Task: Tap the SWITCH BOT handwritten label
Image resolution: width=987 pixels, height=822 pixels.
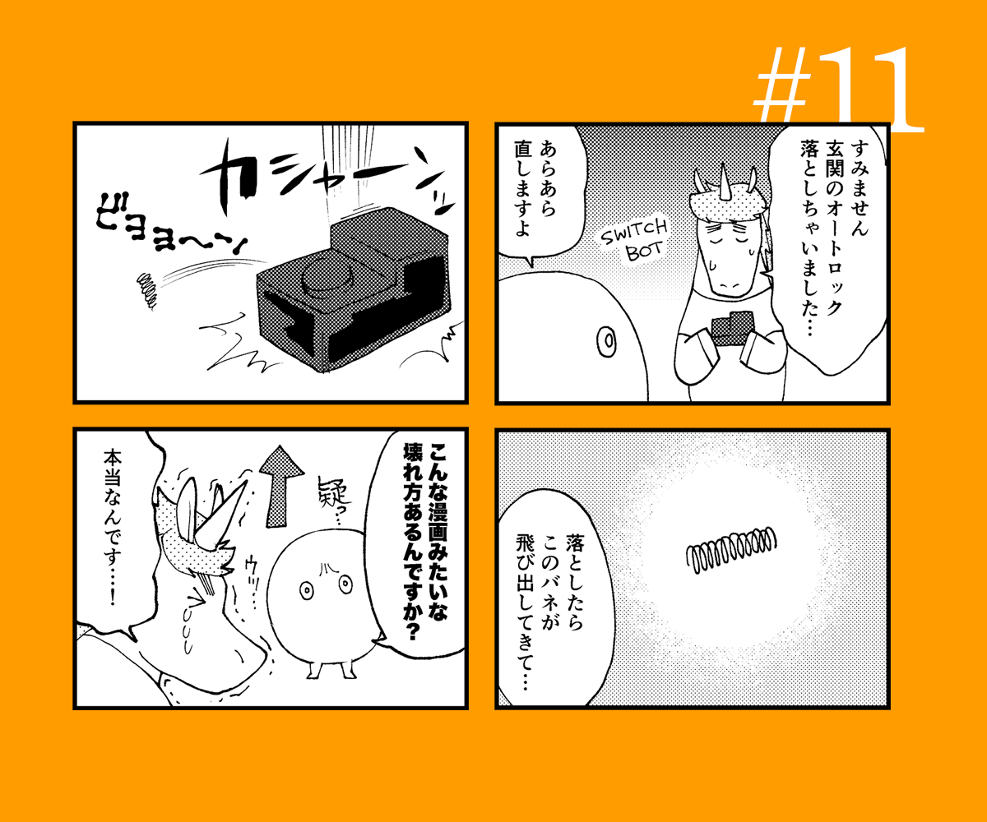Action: (x=634, y=241)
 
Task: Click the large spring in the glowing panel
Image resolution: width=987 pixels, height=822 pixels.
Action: (x=731, y=549)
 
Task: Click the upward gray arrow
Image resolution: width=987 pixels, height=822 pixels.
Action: (x=282, y=486)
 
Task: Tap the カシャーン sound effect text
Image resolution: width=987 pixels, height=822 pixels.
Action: (x=327, y=178)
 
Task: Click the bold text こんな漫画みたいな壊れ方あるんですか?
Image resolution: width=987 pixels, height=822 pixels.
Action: (x=425, y=541)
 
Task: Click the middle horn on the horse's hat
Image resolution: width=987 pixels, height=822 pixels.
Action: (x=723, y=182)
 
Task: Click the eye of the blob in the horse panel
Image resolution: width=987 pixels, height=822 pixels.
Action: (x=607, y=340)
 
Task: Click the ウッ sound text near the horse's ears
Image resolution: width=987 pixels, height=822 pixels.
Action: (x=253, y=579)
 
